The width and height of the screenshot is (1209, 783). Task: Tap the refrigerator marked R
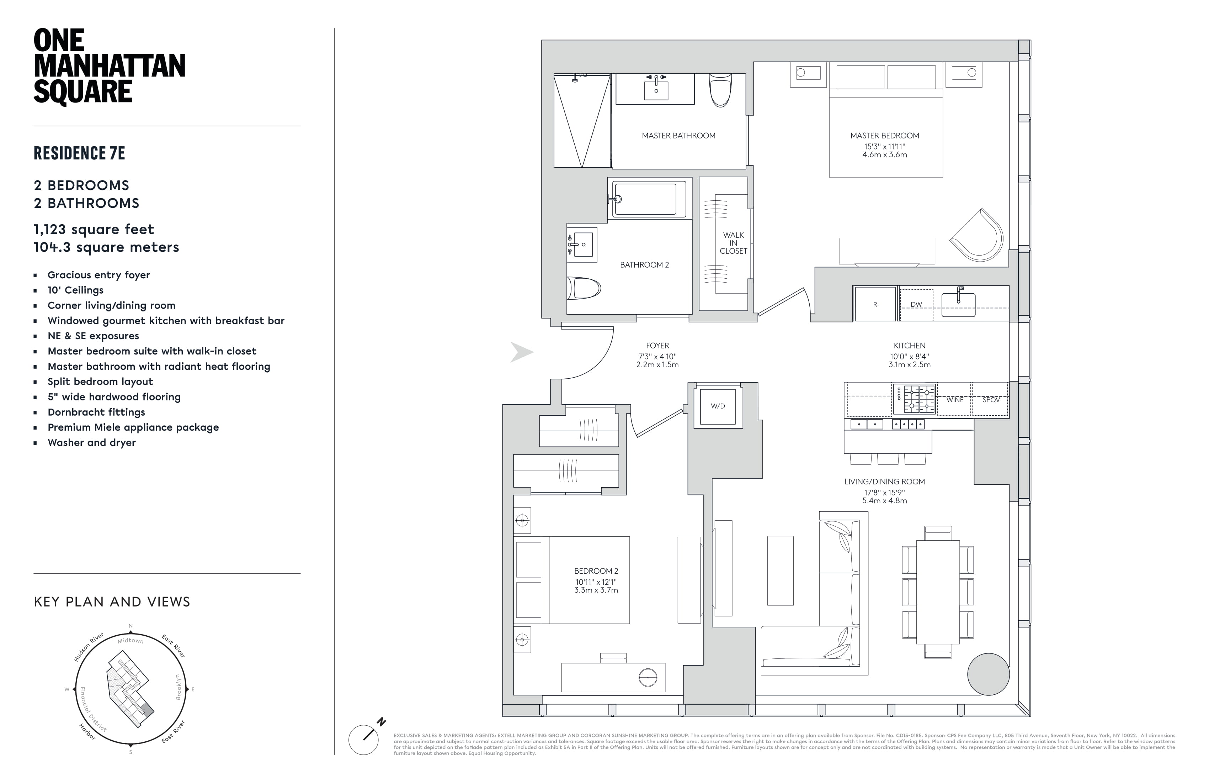[x=875, y=304]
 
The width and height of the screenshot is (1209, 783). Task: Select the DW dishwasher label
[x=916, y=305]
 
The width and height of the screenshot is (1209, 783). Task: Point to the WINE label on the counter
[x=954, y=400]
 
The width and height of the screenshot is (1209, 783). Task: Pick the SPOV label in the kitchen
[x=991, y=400]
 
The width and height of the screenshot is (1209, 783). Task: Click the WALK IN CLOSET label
[x=733, y=243]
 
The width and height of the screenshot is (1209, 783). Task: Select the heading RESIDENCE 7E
[x=79, y=153]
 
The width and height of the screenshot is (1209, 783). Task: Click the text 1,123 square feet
[x=94, y=229]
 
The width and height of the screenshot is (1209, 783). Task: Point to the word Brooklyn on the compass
[x=178, y=687]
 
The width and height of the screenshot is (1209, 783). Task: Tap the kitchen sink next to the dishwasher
[x=958, y=304]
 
